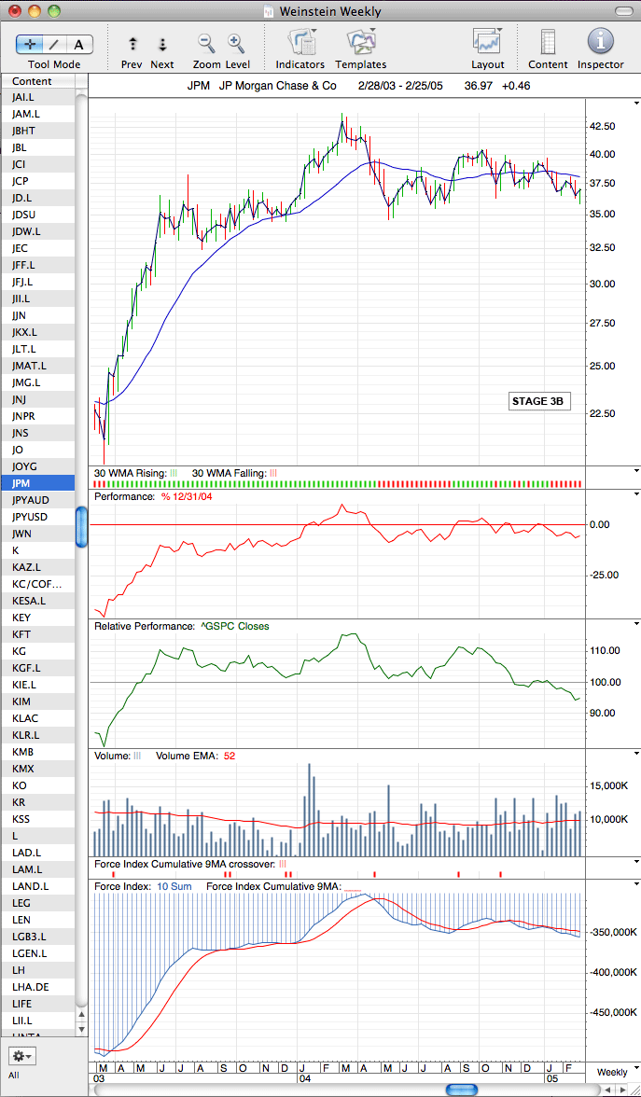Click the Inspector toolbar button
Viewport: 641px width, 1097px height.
601,41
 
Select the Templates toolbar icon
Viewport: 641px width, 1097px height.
362,41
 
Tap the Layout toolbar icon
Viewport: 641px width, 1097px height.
488,41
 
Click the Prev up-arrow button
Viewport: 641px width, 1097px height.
132,44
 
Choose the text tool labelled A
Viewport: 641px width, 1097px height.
79,44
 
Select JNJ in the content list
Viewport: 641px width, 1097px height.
19,399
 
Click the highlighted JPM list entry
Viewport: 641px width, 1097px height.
21,483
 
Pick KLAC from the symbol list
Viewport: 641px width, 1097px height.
23,718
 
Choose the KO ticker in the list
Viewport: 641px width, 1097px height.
19,785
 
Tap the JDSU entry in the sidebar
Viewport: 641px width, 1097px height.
24,215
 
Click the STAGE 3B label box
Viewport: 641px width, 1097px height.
537,402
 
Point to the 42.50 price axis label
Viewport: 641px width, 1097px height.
603,127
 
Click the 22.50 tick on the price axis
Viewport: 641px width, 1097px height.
603,413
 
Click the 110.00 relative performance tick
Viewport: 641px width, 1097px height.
606,651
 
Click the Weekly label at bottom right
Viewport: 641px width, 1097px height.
612,1072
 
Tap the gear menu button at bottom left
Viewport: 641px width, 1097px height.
22,1056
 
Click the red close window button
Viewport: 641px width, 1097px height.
15,10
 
